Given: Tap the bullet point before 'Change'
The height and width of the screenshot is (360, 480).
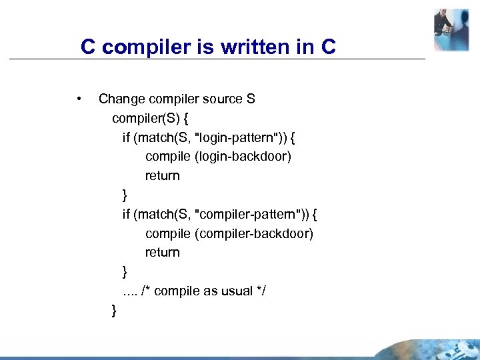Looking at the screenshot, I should coord(79,99).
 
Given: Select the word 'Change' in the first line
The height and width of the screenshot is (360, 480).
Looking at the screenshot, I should coord(120,99).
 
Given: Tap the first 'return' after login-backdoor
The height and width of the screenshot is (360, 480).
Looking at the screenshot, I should coord(163,176).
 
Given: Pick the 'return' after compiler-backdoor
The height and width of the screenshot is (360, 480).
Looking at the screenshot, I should coord(163,253).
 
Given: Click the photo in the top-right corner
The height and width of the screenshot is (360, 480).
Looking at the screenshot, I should coord(451,29).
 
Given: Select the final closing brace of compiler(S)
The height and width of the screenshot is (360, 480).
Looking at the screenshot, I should coord(115,311).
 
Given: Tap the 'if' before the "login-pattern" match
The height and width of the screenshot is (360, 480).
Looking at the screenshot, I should coord(126,138).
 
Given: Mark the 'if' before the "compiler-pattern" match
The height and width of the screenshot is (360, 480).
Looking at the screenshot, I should coord(126,215).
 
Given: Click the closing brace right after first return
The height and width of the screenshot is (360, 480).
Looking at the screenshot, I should coord(125,195).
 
